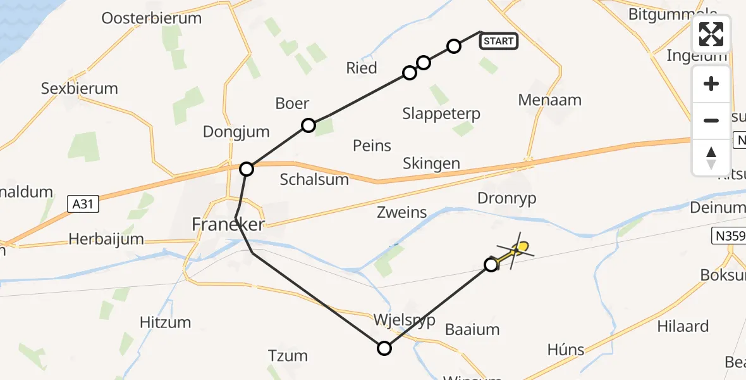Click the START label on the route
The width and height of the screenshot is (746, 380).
[x=499, y=42]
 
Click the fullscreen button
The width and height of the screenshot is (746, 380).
[x=711, y=34]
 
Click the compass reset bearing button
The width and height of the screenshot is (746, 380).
[x=711, y=158]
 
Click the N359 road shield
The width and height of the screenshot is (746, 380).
[x=728, y=236]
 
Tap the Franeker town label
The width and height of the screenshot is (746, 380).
[x=228, y=224]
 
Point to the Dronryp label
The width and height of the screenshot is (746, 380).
[x=507, y=198]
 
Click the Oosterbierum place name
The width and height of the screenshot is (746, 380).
[x=152, y=18]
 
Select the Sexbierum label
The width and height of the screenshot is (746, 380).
[x=80, y=88]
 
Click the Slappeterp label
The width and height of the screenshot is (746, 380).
[x=441, y=114]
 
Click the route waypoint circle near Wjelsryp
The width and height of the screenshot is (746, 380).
[x=384, y=348]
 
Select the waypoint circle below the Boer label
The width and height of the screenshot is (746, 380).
[x=308, y=125]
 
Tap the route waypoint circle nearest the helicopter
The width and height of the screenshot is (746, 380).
[x=491, y=265]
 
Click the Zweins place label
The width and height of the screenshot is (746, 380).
[x=402, y=213]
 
